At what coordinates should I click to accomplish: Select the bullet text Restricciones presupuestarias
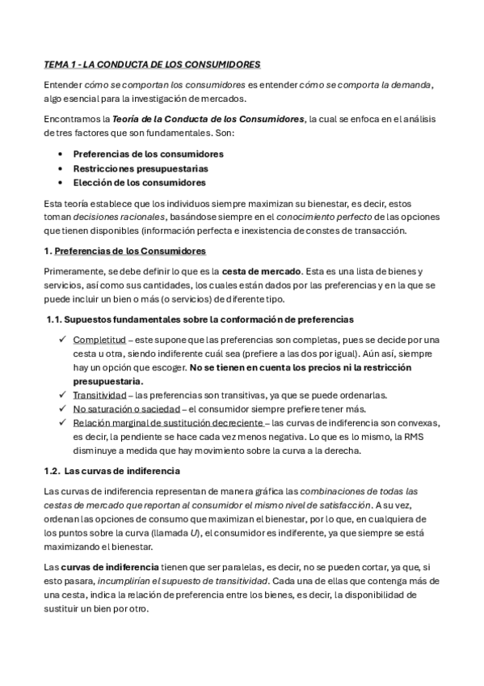(x=140, y=168)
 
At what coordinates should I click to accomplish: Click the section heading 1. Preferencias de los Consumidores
(x=124, y=251)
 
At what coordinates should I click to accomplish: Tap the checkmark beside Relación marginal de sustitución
(x=62, y=422)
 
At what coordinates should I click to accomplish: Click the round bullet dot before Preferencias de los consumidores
(x=62, y=154)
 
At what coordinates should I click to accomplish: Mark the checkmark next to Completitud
(x=62, y=339)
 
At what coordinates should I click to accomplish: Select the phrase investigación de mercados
(x=199, y=99)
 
